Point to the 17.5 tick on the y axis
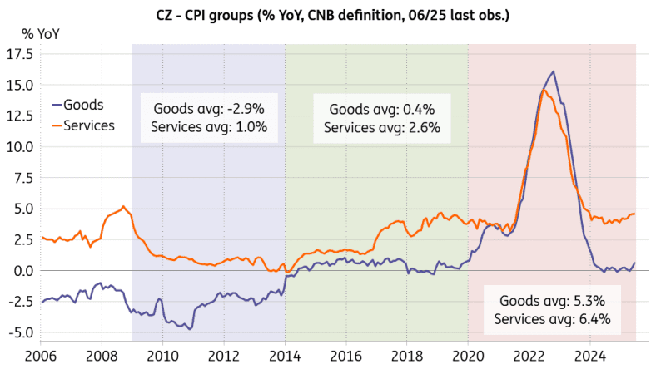(x=18, y=54)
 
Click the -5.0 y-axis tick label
(x=18, y=332)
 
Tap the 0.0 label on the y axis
(x=22, y=270)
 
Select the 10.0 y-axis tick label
(x=18, y=146)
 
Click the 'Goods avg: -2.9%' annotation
(x=209, y=109)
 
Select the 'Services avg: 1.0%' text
(x=209, y=127)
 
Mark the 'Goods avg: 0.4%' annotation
(x=377, y=109)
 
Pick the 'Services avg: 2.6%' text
(x=377, y=127)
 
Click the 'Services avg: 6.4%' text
(x=553, y=319)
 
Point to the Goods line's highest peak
(x=554, y=71)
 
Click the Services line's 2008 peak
(x=123, y=206)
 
